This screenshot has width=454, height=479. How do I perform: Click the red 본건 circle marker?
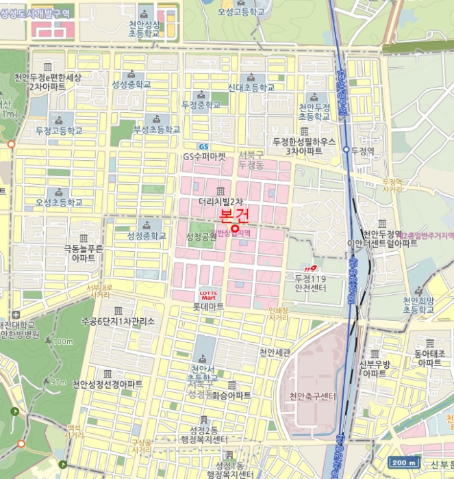pos(235,229)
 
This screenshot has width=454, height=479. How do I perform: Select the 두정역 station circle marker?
pos(346,149)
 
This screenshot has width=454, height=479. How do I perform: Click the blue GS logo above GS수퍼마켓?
pos(203,146)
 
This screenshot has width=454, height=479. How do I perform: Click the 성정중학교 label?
pos(147,235)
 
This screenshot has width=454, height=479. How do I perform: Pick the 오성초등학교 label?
pos(59,203)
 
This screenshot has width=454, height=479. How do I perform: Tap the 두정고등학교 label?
pos(59,130)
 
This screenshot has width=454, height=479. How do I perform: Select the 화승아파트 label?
pos(231,396)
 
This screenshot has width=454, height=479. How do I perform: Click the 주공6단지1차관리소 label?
pos(118,320)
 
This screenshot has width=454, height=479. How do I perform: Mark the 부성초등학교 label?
pos(157,129)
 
